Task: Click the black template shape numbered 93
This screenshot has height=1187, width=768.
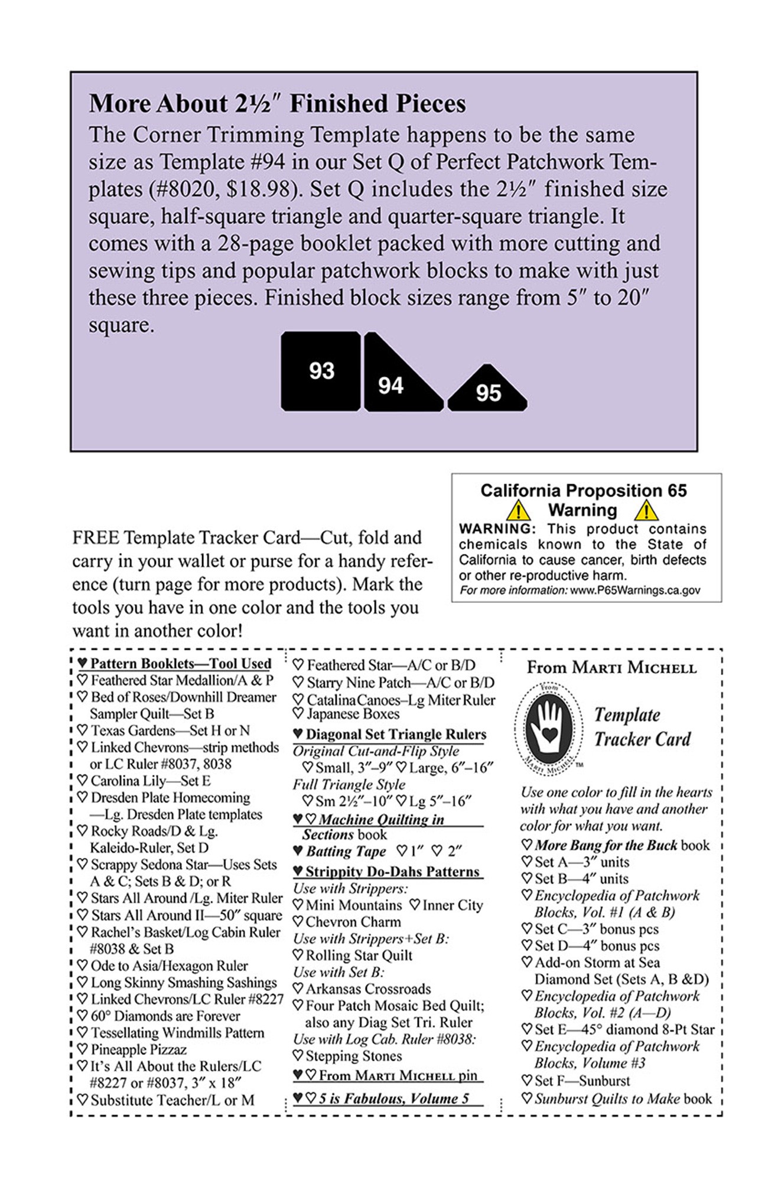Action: click(321, 371)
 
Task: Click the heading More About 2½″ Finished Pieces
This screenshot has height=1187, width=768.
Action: click(277, 104)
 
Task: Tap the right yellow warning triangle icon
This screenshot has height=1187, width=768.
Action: click(646, 510)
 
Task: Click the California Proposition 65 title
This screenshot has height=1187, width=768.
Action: click(584, 491)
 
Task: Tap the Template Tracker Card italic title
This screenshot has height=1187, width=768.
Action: click(642, 727)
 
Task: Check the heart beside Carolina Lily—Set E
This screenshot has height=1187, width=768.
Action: click(83, 781)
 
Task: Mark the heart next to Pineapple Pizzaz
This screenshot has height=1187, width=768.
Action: click(83, 1049)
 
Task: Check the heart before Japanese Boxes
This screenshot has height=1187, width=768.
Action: click(299, 714)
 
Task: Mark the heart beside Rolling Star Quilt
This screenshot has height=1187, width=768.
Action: click(298, 956)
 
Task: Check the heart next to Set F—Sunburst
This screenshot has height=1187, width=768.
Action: click(527, 1081)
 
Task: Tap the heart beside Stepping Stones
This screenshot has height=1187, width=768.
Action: click(298, 1056)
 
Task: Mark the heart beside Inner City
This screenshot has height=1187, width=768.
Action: click(415, 905)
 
